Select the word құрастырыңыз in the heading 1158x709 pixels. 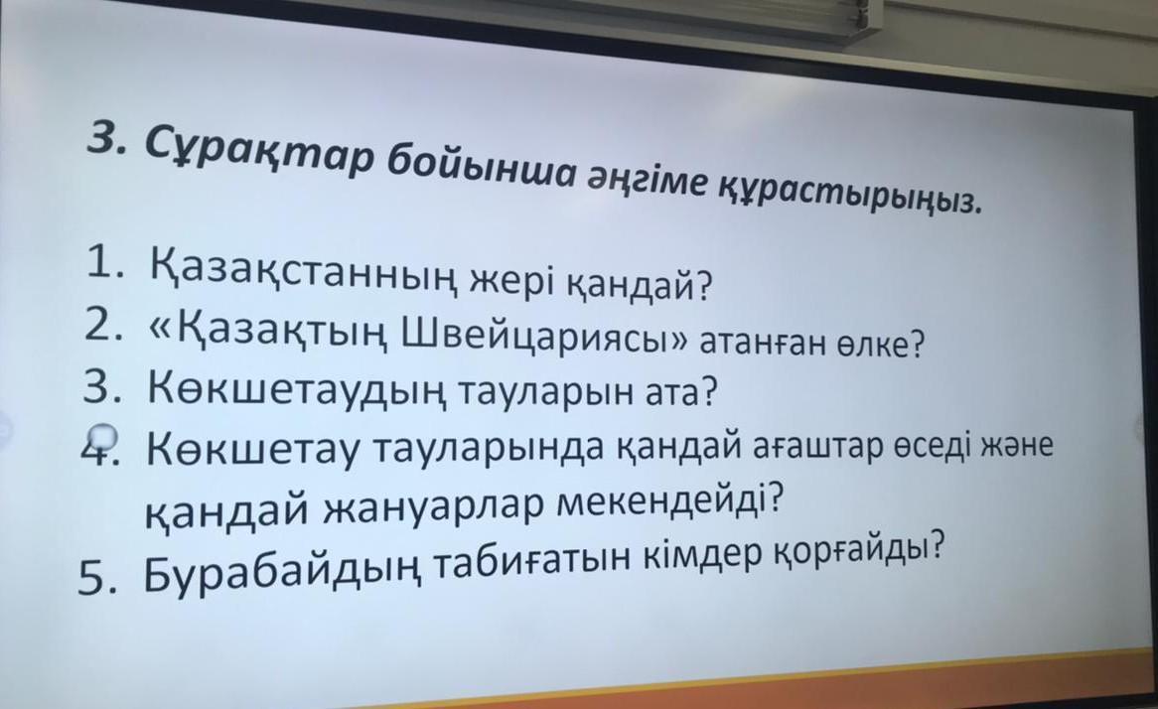(x=851, y=195)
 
